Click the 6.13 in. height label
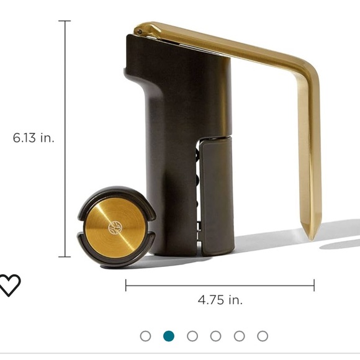point(34,138)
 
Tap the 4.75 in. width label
point(220,300)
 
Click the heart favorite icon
point(9,285)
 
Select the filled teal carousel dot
point(169,336)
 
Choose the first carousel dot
point(146,336)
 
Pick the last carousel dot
point(263,336)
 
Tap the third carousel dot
point(192,336)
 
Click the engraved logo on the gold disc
point(115,228)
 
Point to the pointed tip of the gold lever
point(311,240)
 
